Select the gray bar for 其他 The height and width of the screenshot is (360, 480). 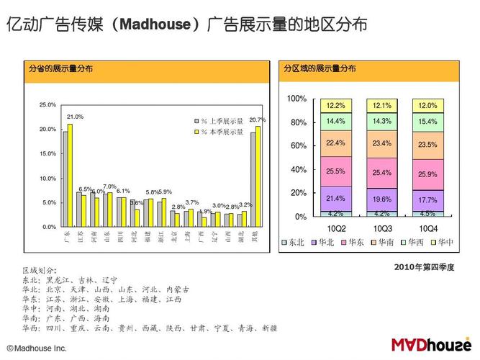click(x=253, y=179)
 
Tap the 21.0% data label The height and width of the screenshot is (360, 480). click(x=75, y=117)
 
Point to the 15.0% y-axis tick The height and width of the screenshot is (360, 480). click(x=47, y=153)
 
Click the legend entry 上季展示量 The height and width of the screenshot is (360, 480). click(x=226, y=121)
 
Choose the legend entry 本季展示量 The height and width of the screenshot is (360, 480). click(x=226, y=132)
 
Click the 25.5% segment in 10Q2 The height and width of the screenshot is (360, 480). click(x=335, y=171)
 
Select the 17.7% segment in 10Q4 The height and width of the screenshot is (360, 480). click(x=427, y=200)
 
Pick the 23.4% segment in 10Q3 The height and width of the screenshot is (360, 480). click(x=382, y=143)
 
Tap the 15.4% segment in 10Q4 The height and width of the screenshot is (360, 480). click(x=427, y=122)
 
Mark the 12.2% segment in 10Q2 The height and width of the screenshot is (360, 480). click(x=335, y=105)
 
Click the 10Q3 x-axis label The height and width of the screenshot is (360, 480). click(x=382, y=228)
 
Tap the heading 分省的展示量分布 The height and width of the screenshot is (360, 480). click(x=60, y=69)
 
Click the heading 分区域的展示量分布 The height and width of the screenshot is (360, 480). click(x=319, y=69)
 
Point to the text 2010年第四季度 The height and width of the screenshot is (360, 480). click(x=425, y=266)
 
